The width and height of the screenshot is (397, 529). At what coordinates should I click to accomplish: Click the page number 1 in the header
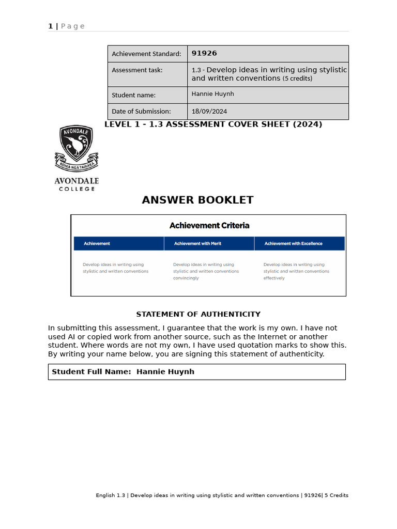pyautogui.click(x=50, y=26)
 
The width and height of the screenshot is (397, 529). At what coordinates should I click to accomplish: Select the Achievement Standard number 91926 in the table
pyautogui.click(x=204, y=53)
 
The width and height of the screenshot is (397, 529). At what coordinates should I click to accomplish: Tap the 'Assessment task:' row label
pyautogui.click(x=137, y=70)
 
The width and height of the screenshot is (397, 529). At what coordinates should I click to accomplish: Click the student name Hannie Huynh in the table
pyautogui.click(x=212, y=94)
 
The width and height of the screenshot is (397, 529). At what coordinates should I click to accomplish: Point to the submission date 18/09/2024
pyautogui.click(x=209, y=111)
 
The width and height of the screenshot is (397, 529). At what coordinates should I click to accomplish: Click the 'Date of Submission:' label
pyautogui.click(x=141, y=111)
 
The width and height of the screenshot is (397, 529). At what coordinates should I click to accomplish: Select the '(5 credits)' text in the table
pyautogui.click(x=297, y=79)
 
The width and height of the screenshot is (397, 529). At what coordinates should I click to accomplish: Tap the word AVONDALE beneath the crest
pyautogui.click(x=77, y=181)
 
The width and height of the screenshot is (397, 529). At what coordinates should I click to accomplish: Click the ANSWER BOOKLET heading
pyautogui.click(x=197, y=200)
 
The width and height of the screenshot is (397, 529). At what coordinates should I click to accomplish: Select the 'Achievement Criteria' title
pyautogui.click(x=209, y=225)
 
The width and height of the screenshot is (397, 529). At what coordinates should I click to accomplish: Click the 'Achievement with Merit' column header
pyautogui.click(x=197, y=243)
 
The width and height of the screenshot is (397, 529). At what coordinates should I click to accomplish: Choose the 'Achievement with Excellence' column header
pyautogui.click(x=293, y=243)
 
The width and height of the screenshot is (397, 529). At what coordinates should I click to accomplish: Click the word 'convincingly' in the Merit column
pyautogui.click(x=186, y=278)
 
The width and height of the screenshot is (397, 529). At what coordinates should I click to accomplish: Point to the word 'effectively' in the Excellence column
pyautogui.click(x=274, y=278)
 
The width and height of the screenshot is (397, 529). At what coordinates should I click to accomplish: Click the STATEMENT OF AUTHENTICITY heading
pyautogui.click(x=198, y=314)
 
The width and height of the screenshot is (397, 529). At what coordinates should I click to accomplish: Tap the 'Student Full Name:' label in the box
pyautogui.click(x=91, y=371)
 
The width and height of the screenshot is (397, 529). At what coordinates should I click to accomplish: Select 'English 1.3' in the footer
pyautogui.click(x=111, y=495)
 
